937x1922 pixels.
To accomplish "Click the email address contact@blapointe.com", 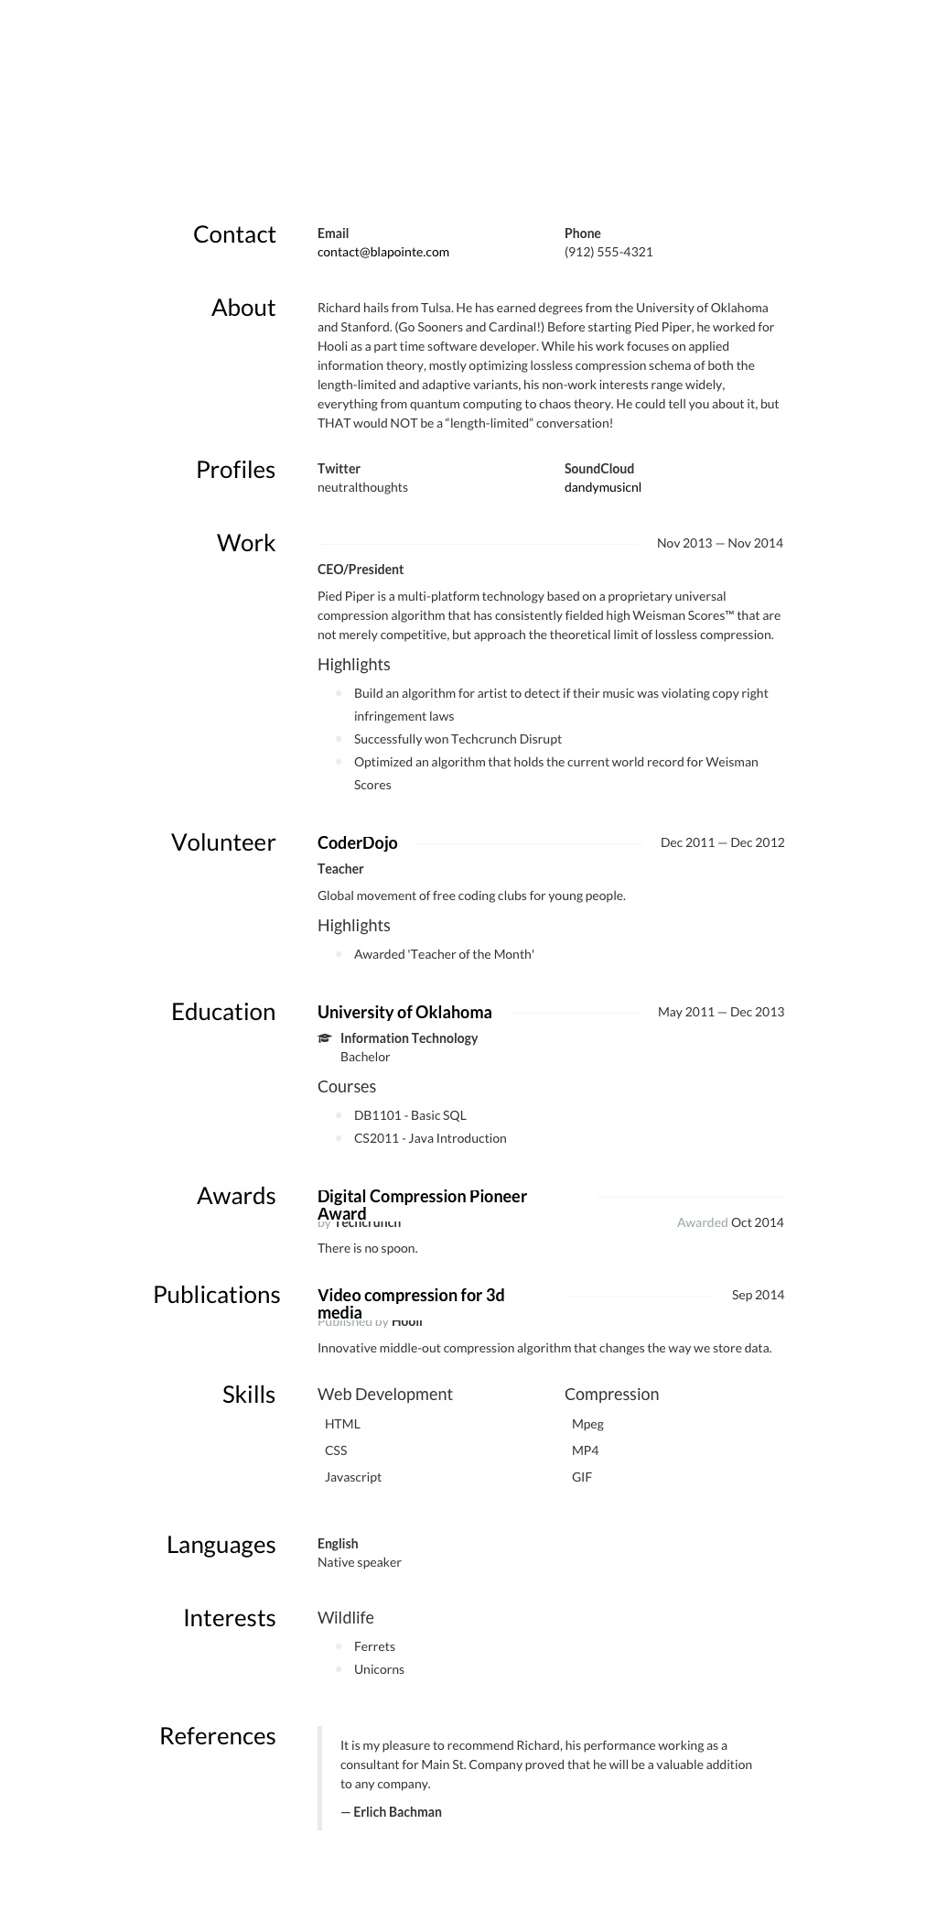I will pyautogui.click(x=382, y=252).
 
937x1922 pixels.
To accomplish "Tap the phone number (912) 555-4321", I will pyautogui.click(x=609, y=252).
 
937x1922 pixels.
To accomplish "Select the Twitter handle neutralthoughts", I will pyautogui.click(x=362, y=487).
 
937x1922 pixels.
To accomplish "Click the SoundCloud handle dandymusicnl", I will pyautogui.click(x=602, y=487).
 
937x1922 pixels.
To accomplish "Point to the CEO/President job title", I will pyautogui.click(x=361, y=570).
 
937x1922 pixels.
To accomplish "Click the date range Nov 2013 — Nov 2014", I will pyautogui.click(x=719, y=543).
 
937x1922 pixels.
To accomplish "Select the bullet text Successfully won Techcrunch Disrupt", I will pyautogui.click(x=458, y=739).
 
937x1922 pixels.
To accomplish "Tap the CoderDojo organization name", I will pyautogui.click(x=357, y=842).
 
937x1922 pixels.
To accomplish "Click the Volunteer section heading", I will pyautogui.click(x=223, y=842).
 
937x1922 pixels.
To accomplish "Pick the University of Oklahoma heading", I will pyautogui.click(x=404, y=1012).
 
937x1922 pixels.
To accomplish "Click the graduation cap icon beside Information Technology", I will pyautogui.click(x=325, y=1038).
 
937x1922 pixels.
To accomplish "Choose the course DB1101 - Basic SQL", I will pyautogui.click(x=410, y=1115).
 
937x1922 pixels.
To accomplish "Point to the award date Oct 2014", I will pyautogui.click(x=757, y=1222).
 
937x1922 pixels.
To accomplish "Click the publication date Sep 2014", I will pyautogui.click(x=758, y=1295).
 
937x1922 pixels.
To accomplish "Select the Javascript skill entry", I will pyautogui.click(x=353, y=1477).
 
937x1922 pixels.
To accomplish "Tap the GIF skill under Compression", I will pyautogui.click(x=582, y=1477).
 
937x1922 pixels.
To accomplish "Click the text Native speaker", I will pyautogui.click(x=360, y=1562).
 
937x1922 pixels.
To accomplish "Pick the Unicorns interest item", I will pyautogui.click(x=379, y=1669).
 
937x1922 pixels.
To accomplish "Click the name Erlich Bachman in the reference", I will pyautogui.click(x=397, y=1812).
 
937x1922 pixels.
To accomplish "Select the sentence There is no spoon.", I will pyautogui.click(x=367, y=1248).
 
